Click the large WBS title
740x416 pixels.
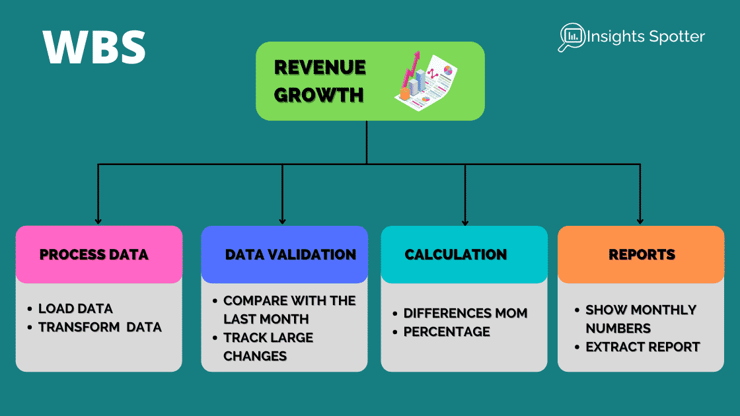[x=94, y=47]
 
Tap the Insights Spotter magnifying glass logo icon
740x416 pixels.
[x=570, y=36]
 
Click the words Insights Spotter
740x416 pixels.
[x=646, y=36]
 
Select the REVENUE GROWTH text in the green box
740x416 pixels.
[x=320, y=81]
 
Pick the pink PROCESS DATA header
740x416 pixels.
[x=94, y=255]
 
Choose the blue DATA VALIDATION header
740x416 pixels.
[x=290, y=255]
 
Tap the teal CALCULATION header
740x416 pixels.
[x=455, y=255]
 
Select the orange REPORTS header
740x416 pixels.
[x=642, y=255]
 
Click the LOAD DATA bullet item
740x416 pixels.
[x=75, y=308]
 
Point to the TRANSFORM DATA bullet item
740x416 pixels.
[x=100, y=327]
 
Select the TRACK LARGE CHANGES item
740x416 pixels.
[x=268, y=347]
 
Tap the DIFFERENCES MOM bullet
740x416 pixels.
[x=465, y=313]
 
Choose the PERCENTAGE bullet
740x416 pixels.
[x=447, y=331]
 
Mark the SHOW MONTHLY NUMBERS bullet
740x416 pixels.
[x=640, y=319]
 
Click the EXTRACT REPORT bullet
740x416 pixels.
[x=642, y=347]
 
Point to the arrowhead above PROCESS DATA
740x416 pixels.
[x=98, y=221]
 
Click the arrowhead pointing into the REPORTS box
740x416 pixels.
[x=640, y=221]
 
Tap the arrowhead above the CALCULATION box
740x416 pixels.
[x=465, y=221]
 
